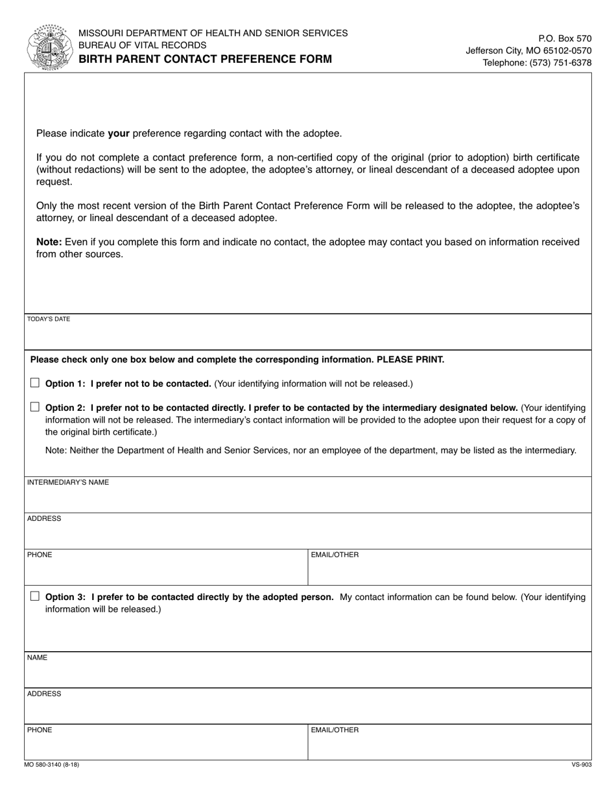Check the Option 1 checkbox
pyautogui.click(x=35, y=383)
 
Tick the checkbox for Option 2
pyautogui.click(x=35, y=407)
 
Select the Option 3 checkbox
pyautogui.click(x=35, y=596)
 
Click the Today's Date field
pyautogui.click(x=308, y=336)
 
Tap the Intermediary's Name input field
pyautogui.click(x=308, y=499)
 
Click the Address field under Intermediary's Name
pyautogui.click(x=308, y=535)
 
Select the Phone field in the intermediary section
pyautogui.click(x=166, y=572)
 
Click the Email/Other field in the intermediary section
pyautogui.click(x=449, y=572)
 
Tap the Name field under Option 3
pyautogui.click(x=308, y=674)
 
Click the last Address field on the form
pyautogui.click(x=308, y=710)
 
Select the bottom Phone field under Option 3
pyautogui.click(x=166, y=746)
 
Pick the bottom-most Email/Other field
pyautogui.click(x=449, y=746)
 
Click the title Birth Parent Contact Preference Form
pyautogui.click(x=206, y=59)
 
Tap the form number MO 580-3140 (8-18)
pyautogui.click(x=52, y=765)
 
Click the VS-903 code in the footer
pyautogui.click(x=581, y=765)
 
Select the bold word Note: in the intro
pyautogui.click(x=49, y=242)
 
